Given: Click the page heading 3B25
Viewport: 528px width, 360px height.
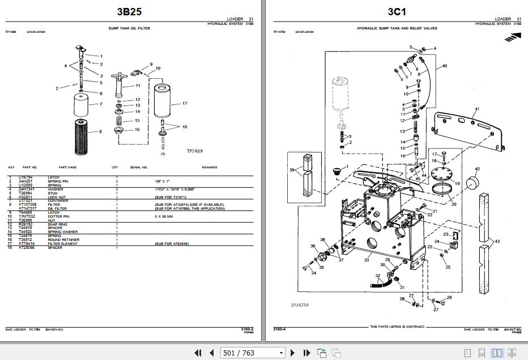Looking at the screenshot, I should [x=129, y=11].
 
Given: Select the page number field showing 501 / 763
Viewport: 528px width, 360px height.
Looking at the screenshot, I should [x=253, y=353].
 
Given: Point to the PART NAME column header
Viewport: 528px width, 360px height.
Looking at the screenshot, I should [x=67, y=167].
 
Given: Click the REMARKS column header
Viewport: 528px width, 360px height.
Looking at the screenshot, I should [x=209, y=167].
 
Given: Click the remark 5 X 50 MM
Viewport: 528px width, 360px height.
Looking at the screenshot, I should [x=164, y=216].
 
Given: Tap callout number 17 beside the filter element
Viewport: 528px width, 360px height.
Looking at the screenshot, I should [x=185, y=104].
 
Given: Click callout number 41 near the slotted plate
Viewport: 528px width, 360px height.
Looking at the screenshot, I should [x=476, y=108].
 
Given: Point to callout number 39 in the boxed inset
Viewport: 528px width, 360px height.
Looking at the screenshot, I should [x=292, y=170].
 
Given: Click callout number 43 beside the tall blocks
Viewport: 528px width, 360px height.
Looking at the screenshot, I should [x=497, y=242].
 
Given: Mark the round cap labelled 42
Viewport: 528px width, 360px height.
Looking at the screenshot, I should [x=473, y=184].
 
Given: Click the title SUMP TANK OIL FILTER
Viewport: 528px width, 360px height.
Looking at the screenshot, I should [x=129, y=28].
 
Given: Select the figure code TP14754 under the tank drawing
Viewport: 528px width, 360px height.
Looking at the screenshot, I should [x=300, y=304].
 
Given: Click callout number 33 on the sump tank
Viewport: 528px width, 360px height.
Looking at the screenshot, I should [x=367, y=260].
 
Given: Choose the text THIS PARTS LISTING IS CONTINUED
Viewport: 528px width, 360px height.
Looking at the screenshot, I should [x=397, y=327].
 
